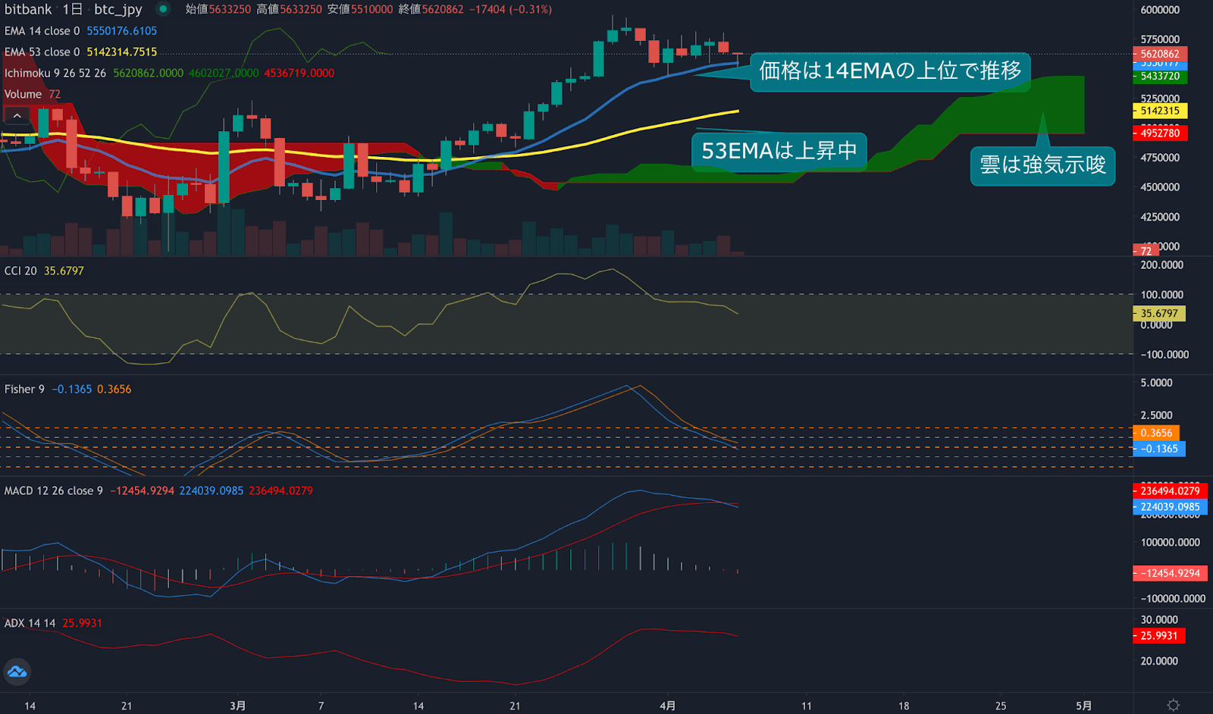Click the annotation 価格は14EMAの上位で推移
click(890, 71)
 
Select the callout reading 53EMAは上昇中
click(779, 151)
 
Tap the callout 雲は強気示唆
click(1042, 165)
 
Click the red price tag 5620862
click(1160, 54)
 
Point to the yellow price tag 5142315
click(1160, 111)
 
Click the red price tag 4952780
click(1160, 133)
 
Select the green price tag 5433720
click(1160, 77)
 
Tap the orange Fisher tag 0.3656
click(1157, 433)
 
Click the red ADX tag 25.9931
click(1159, 636)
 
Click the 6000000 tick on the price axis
click(1160, 10)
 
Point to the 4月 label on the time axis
click(667, 706)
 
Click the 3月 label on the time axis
click(237, 706)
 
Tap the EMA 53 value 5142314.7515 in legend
click(121, 52)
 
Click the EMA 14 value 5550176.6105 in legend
click(121, 31)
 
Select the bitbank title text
click(28, 10)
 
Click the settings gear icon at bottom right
click(1173, 705)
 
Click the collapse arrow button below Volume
click(17, 116)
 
